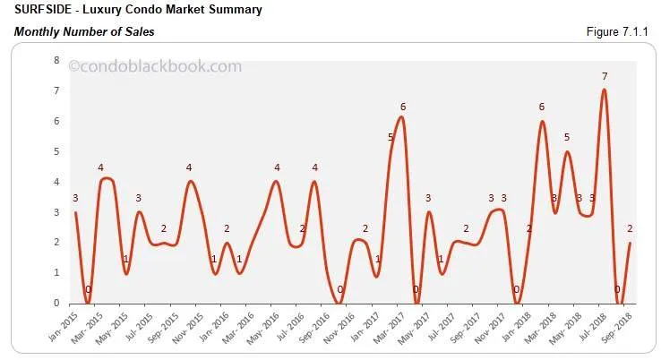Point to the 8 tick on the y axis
56,61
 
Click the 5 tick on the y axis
56,151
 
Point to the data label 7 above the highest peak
605,76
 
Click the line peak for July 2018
605,90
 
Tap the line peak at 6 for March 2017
401,117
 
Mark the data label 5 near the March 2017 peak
391,137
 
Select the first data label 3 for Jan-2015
75,198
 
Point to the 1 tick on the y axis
56,273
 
